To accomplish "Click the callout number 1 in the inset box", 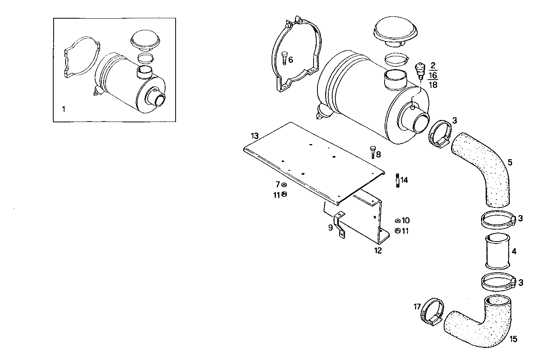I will (x=64, y=109).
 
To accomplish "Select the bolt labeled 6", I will (x=284, y=58).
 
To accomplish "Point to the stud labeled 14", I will (x=397, y=181).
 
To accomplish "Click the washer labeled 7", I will (x=284, y=184).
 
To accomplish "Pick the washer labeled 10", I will (x=397, y=221).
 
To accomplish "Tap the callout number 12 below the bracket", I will (x=378, y=250).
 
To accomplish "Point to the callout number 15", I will (x=513, y=339).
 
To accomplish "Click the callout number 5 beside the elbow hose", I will (x=510, y=162).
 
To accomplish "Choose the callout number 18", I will (x=433, y=85).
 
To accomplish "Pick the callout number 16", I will (x=433, y=75).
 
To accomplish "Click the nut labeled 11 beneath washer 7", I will (x=284, y=195).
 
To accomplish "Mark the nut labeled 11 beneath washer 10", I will (x=397, y=231).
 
